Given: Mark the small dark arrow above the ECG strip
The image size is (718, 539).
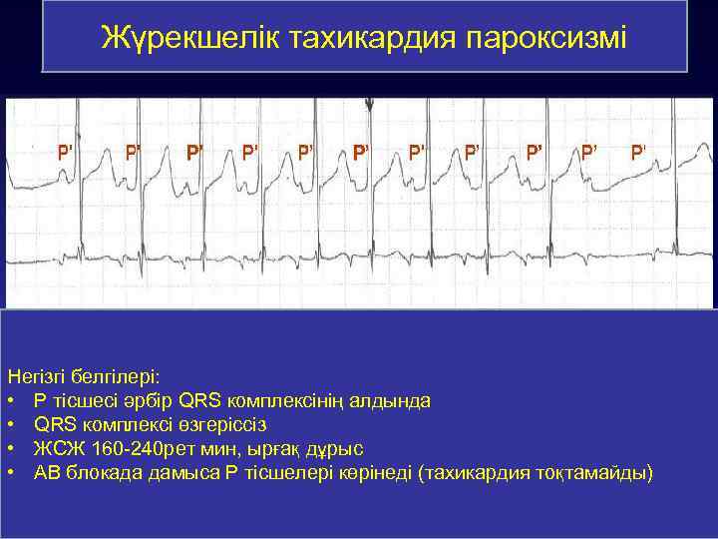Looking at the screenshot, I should point(370,104).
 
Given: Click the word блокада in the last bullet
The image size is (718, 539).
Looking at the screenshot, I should point(105,471).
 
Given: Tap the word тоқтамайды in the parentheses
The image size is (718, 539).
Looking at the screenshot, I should point(596,471).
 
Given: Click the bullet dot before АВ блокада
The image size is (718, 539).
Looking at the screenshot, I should point(11,471).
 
